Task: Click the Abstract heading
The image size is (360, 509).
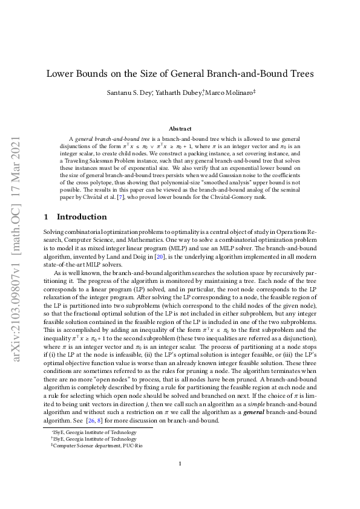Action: point(180,129)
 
